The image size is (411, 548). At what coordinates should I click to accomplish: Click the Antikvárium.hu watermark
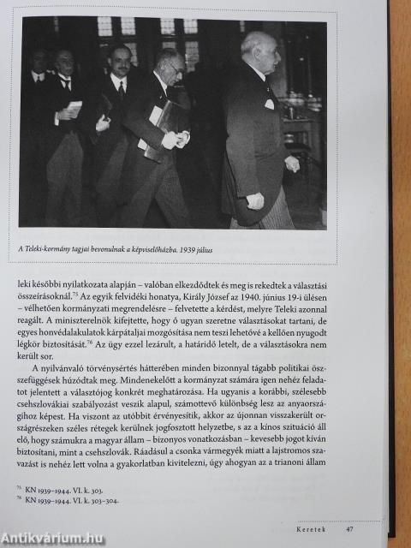point(53,538)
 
